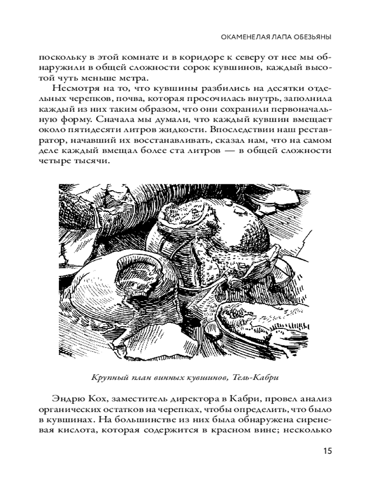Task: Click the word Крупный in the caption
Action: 106,378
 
